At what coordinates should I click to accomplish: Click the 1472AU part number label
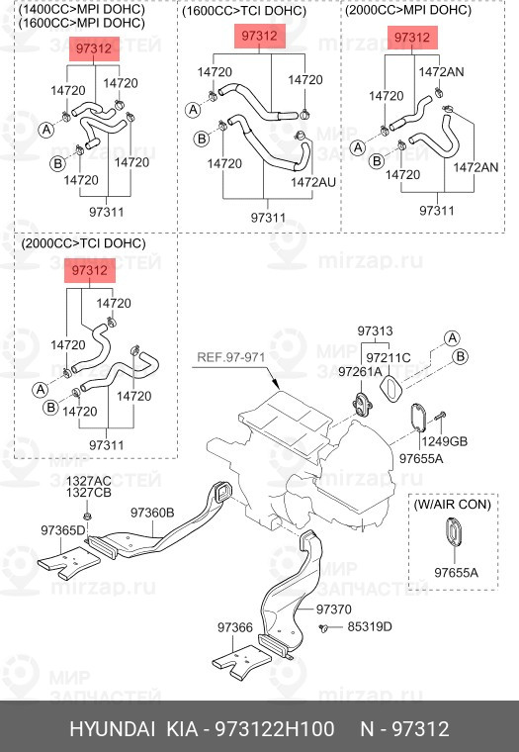click(313, 182)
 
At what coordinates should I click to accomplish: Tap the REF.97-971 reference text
click(231, 357)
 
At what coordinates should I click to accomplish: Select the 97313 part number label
click(375, 330)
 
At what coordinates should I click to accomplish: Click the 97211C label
click(389, 358)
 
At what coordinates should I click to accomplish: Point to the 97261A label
click(360, 372)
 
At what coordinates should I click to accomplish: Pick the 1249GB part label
click(444, 441)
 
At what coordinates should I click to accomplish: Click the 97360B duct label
click(152, 513)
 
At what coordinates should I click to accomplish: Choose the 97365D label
click(63, 530)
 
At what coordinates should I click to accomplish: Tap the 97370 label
click(333, 610)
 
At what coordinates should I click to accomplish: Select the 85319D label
click(370, 626)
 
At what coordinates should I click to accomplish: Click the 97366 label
click(235, 627)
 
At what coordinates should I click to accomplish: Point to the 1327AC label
click(89, 481)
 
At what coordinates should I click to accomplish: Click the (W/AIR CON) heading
click(453, 505)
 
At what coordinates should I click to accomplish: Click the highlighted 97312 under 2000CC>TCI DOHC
click(90, 271)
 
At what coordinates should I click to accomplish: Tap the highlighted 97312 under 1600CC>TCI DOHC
click(259, 36)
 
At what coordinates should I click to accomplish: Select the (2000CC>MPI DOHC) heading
click(408, 10)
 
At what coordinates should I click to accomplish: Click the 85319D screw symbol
click(323, 627)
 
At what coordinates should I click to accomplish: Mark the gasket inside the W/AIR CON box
click(454, 531)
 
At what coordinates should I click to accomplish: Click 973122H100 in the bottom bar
click(275, 729)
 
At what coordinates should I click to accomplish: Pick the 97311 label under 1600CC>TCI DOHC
click(268, 219)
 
